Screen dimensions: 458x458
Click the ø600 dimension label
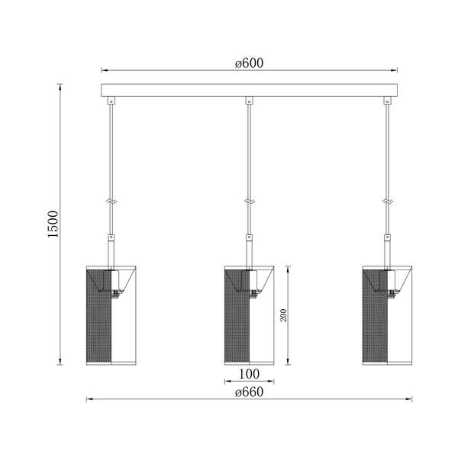click(249, 63)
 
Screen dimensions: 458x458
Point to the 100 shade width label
click(249, 374)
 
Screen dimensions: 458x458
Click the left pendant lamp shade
click(111, 315)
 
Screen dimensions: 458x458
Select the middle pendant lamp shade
click(249, 315)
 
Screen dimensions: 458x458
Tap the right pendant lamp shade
click(386, 315)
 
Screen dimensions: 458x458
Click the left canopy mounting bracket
click(111, 101)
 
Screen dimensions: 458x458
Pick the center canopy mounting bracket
click(249, 101)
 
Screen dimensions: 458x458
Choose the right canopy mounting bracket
click(386, 101)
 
